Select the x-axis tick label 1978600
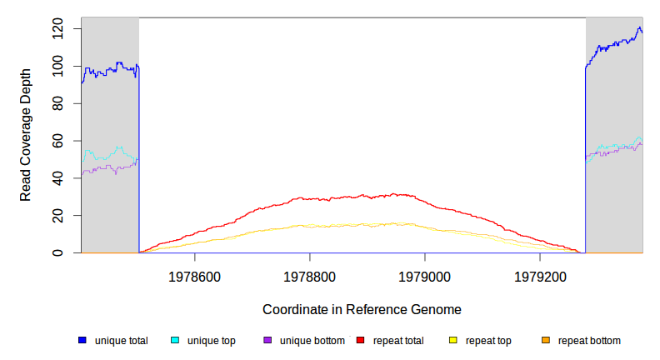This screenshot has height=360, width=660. coord(195,276)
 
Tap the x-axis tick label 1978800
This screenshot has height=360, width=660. coord(310,276)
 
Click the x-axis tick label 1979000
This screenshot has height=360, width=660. coord(425,276)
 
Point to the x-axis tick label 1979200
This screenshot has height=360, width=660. coord(540,276)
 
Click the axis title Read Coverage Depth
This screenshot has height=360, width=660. coord(26,135)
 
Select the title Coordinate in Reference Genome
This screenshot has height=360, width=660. coord(362,309)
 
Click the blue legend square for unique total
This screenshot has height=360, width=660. coord(82,340)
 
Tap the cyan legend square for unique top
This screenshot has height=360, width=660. coord(175,340)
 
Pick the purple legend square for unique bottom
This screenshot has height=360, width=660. coord(267,340)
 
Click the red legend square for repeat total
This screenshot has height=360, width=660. coord(360,340)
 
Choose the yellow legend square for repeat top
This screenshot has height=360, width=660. coord(453,340)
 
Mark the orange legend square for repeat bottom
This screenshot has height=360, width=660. coord(546,340)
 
